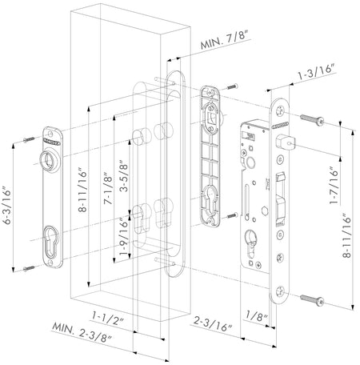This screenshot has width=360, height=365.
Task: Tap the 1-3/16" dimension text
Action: tap(316, 72)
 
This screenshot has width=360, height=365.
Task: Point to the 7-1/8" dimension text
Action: tap(108, 188)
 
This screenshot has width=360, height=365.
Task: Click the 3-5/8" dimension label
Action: tap(124, 176)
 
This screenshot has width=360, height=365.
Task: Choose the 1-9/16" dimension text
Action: tap(124, 237)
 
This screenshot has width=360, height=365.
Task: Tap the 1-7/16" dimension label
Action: tap(334, 186)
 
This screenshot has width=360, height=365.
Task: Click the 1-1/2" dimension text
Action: tap(108, 318)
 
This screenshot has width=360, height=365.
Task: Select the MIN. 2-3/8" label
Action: tap(82, 332)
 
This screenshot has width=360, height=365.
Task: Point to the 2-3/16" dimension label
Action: tap(213, 323)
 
